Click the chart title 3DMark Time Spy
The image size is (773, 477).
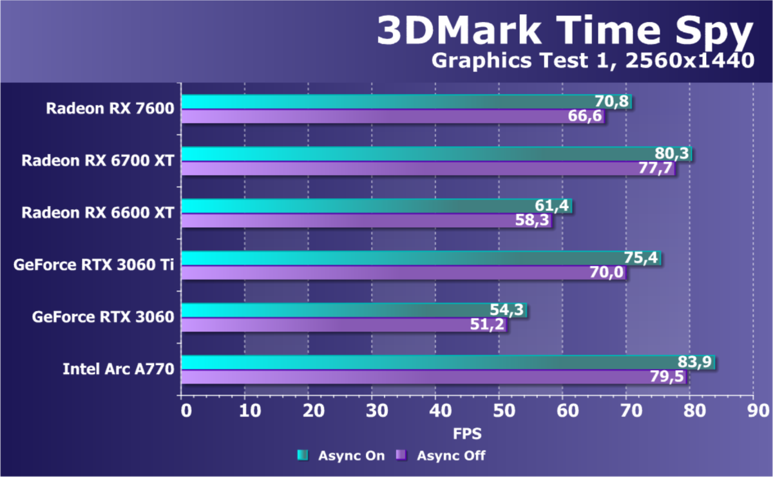(x=564, y=30)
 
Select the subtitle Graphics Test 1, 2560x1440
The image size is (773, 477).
(x=592, y=61)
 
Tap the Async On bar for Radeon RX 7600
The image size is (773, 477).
(x=386, y=102)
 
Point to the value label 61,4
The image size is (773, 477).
(x=553, y=206)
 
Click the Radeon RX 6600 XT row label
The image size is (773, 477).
(x=97, y=212)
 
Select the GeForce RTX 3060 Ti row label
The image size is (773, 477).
(x=93, y=265)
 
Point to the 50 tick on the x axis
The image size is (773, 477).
(x=500, y=411)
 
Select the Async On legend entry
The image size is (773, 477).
(x=341, y=456)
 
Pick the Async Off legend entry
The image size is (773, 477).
(x=441, y=456)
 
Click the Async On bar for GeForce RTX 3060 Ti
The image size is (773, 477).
(x=399, y=258)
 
